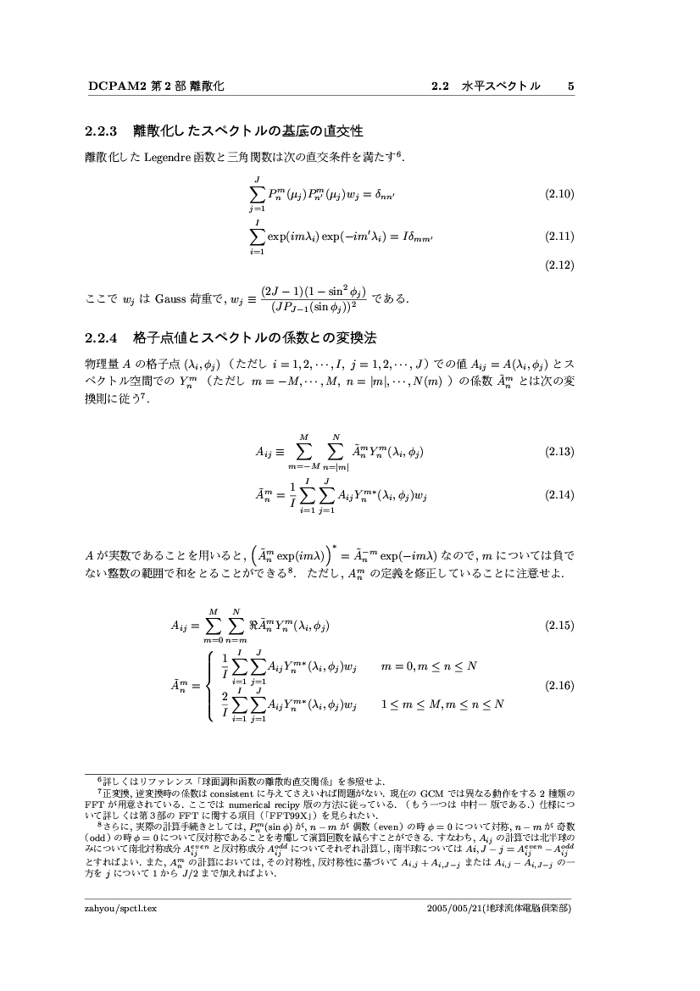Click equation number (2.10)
[x=560, y=194]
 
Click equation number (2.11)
[x=560, y=236]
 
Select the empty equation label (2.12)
[x=560, y=264]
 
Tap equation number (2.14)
[x=560, y=493]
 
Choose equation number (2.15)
[x=560, y=626]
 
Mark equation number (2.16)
[x=560, y=685]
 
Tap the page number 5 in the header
[x=571, y=86]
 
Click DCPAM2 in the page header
[x=112, y=86]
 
